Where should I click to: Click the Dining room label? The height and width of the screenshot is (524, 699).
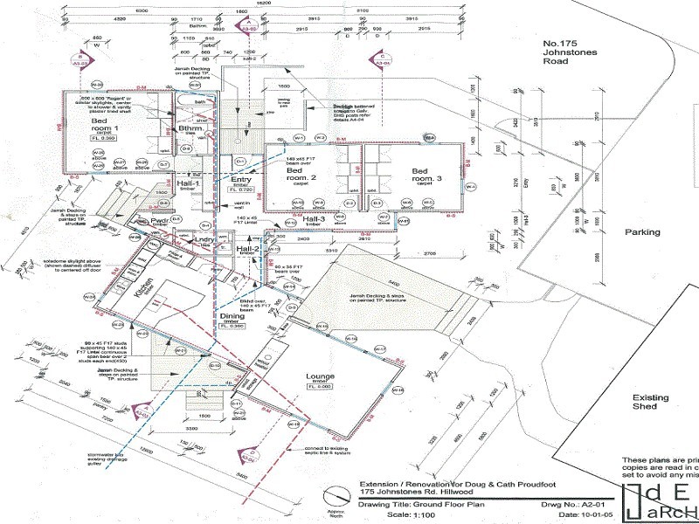(232, 318)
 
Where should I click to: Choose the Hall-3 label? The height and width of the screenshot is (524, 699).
(315, 218)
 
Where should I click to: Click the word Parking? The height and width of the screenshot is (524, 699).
(640, 232)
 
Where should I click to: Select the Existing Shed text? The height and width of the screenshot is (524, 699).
(650, 403)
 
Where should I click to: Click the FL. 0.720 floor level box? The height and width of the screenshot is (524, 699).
(240, 189)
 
